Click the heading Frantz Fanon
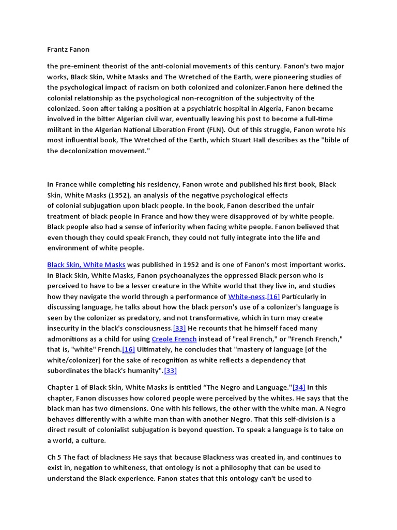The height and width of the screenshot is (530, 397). tap(68, 50)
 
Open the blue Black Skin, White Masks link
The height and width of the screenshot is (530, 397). tap(86, 264)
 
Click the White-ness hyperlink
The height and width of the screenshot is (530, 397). tap(247, 297)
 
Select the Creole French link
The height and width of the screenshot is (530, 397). tap(174, 339)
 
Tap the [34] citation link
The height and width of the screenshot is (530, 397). tap(299, 387)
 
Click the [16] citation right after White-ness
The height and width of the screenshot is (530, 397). tap(273, 297)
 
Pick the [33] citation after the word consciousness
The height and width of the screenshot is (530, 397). tap(179, 328)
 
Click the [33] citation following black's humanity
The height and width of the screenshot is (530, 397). tap(171, 371)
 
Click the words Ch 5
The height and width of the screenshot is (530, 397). tap(54, 458)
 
